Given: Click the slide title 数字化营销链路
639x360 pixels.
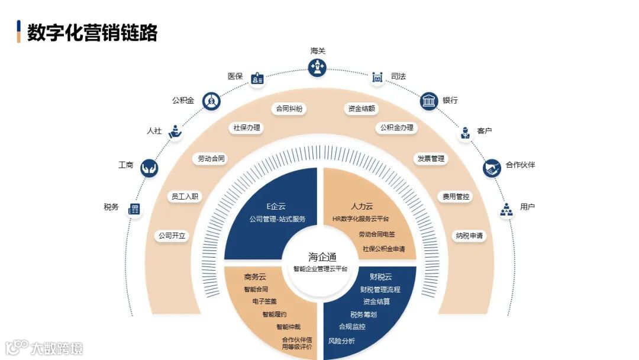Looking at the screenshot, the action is pos(92,33).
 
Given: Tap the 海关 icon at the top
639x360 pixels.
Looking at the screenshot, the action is pos(318,67).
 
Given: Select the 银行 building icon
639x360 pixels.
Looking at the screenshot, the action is pos(429,101).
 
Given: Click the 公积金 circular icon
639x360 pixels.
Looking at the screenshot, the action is pos(211,101).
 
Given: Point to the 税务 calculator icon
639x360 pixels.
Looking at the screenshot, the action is pos(134,208).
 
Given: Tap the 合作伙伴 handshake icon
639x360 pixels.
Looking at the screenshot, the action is pos(492,168).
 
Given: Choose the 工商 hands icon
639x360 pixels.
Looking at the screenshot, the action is pos(149,168).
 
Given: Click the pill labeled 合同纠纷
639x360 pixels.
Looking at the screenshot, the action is pos(289,109).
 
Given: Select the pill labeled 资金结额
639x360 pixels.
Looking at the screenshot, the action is pos(362,109).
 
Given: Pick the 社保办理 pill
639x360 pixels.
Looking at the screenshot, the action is pos(247,127).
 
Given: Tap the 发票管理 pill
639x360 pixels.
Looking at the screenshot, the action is pos(430,159).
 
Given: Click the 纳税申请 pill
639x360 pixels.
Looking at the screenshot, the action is pos(469,236).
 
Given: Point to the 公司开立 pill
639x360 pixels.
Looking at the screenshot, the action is pos(172,236).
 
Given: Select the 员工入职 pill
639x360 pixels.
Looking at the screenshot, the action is pos(185,196).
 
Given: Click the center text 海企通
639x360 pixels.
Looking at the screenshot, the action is pos(322,256).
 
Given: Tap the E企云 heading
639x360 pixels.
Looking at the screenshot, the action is pos(276,206).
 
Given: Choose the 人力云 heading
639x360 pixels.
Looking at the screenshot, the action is pos(362,206).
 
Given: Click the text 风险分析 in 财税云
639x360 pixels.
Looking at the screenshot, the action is pos(341,341).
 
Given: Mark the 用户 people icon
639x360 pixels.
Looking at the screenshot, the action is pos(506,210).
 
